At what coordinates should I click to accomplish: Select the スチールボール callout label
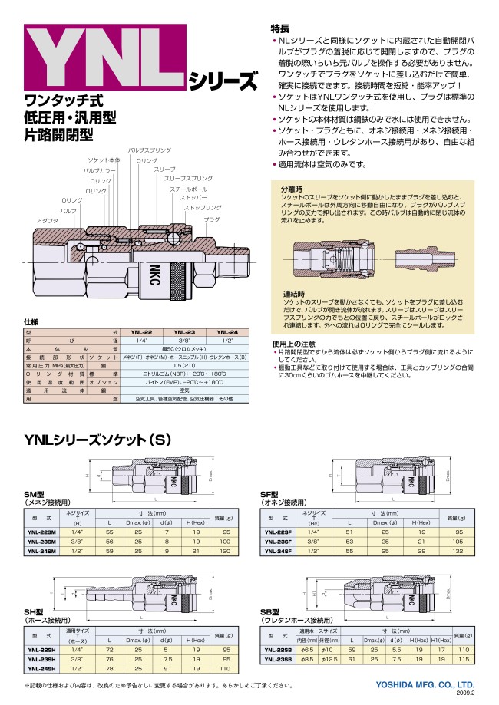pyautogui.click(x=188, y=188)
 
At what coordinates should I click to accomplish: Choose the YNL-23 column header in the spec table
pyautogui.click(x=184, y=331)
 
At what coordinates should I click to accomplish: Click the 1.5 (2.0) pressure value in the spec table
pyautogui.click(x=183, y=367)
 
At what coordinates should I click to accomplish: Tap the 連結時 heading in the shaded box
pyautogui.click(x=291, y=294)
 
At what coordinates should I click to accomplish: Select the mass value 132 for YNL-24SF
pyautogui.click(x=459, y=550)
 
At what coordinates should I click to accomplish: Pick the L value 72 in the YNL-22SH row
pyautogui.click(x=110, y=649)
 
